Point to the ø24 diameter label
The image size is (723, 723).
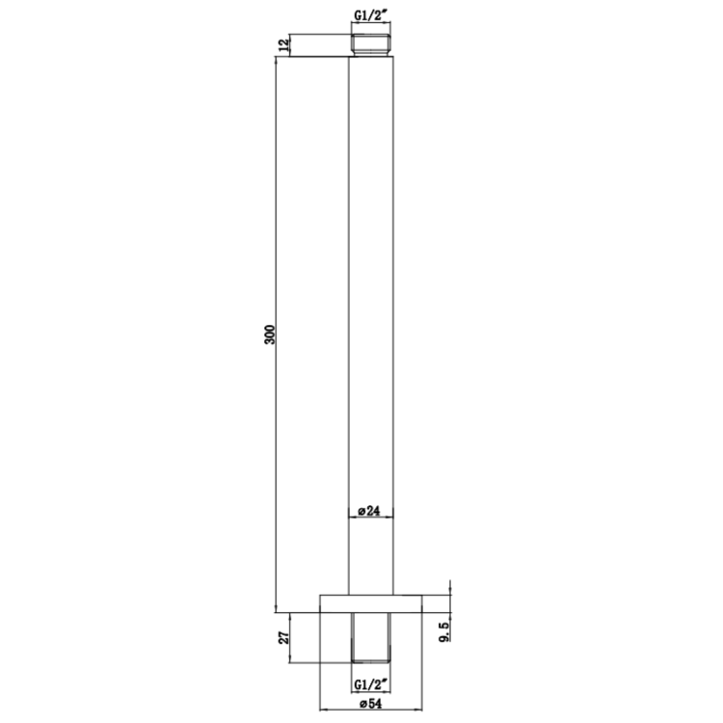[372, 511]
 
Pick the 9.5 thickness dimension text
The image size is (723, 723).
[443, 633]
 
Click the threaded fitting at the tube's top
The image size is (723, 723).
[372, 45]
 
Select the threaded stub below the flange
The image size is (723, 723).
[372, 636]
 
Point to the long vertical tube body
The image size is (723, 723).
[372, 289]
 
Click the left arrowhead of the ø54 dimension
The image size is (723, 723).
[323, 699]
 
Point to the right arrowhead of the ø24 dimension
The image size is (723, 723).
[393, 521]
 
